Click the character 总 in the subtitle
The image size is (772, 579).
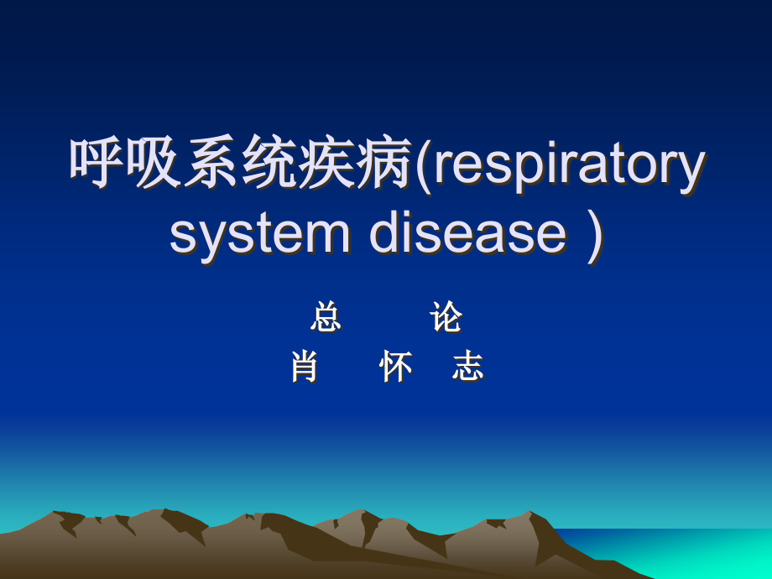pos(326,318)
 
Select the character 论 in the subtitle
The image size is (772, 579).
pos(446,318)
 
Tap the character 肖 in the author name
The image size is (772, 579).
pos(304,367)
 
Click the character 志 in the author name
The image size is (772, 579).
pos(467,367)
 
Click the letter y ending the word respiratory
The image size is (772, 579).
pos(689,170)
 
